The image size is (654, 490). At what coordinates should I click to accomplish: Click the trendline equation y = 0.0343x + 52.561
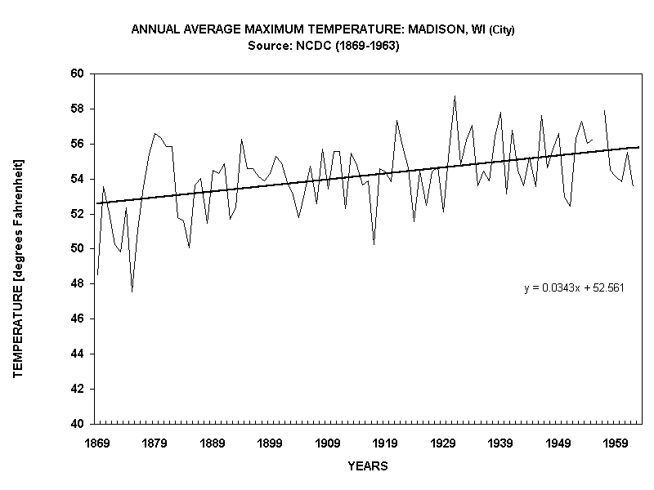tap(574, 288)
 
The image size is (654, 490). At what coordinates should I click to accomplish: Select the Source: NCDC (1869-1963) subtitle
tap(323, 46)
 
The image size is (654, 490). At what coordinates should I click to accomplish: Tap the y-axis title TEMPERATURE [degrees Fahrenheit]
tap(17, 268)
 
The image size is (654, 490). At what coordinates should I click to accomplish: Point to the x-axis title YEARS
tap(367, 467)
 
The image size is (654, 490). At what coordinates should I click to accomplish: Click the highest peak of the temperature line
tap(455, 96)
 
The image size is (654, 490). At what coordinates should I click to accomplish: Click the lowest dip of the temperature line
tap(132, 292)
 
